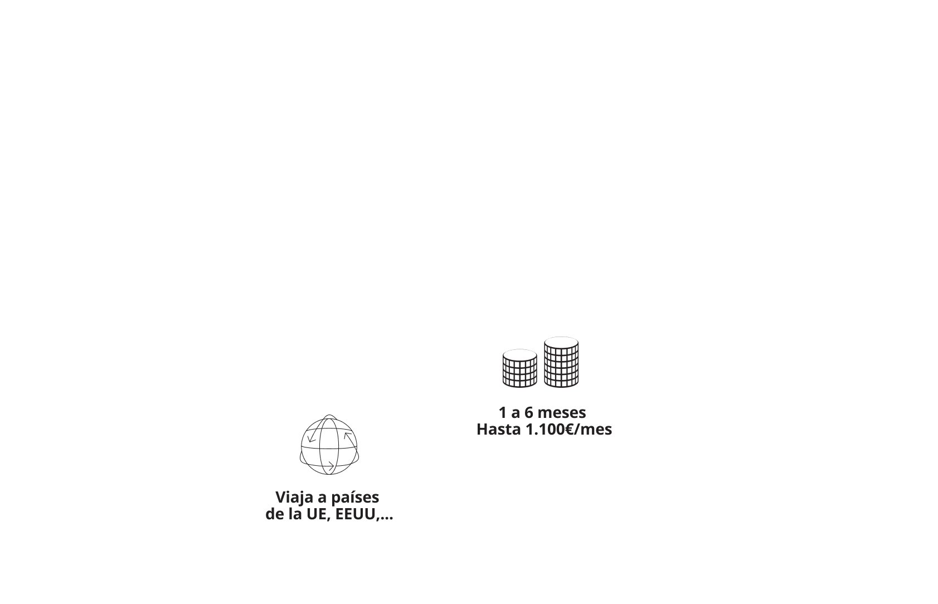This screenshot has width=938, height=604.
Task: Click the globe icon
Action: pos(329,445)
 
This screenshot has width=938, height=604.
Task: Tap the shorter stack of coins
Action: pos(519,368)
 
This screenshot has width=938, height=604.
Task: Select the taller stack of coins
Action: pos(562,362)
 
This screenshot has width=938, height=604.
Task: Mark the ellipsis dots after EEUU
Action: pos(386,518)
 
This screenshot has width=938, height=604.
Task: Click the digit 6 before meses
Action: pos(529,413)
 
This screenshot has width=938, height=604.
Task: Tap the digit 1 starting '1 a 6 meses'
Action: pos(503,413)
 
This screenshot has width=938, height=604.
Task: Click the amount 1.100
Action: pos(545,430)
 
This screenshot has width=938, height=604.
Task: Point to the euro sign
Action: pos(569,430)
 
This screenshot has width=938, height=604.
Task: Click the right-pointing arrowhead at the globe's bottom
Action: pos(331,466)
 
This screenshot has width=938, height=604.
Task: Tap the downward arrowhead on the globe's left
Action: pos(312,439)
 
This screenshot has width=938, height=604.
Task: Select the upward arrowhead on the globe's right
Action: pos(348,435)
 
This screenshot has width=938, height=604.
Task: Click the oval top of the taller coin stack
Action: pos(562,342)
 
